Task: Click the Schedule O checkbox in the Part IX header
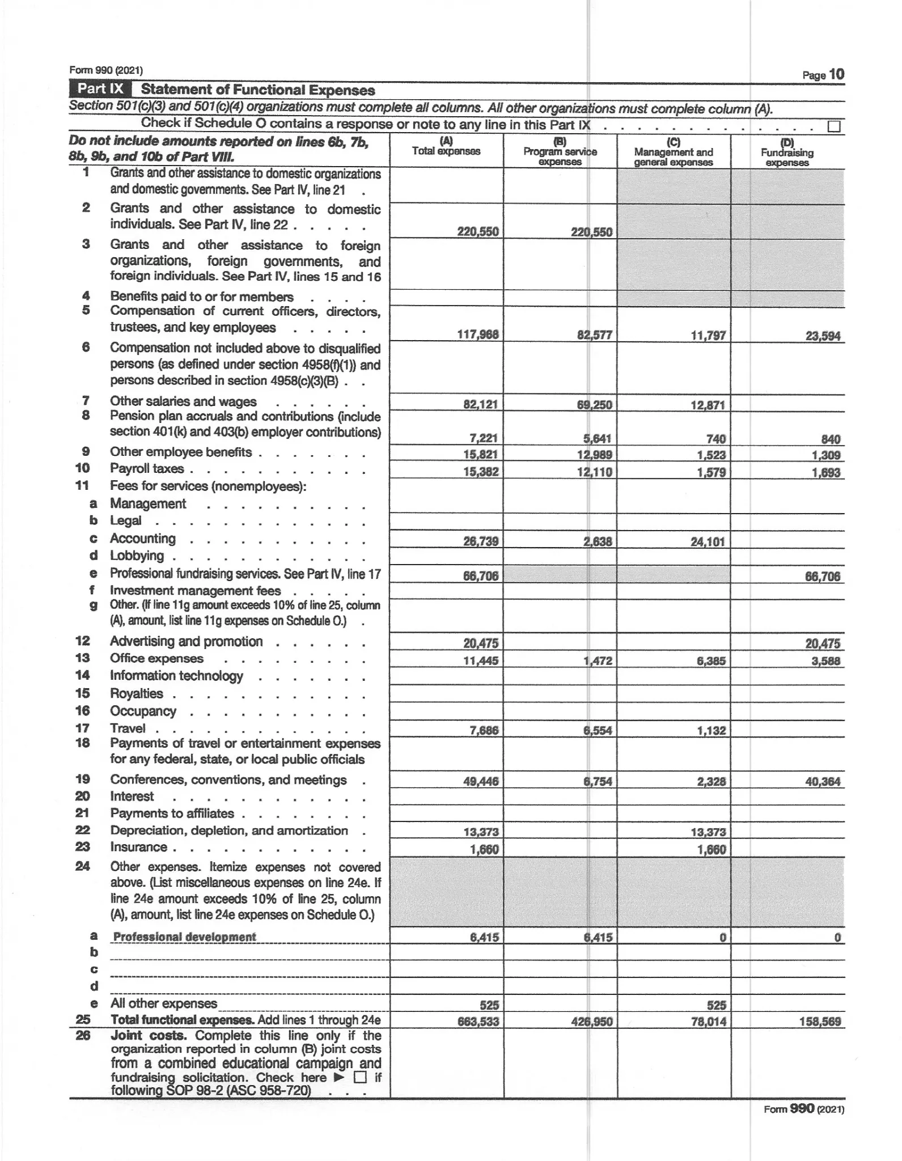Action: click(x=833, y=126)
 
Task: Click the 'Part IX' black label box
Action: click(x=100, y=89)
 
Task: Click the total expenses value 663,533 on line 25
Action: click(x=478, y=1022)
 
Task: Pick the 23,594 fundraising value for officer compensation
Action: click(x=823, y=336)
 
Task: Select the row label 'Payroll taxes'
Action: click(x=147, y=469)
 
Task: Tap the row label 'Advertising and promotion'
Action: click(x=186, y=641)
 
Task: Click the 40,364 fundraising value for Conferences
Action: click(x=823, y=781)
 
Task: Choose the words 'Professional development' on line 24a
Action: click(x=185, y=937)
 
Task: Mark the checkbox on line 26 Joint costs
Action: click(x=360, y=1077)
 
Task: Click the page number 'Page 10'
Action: click(x=823, y=75)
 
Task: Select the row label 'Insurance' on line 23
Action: click(x=138, y=847)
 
